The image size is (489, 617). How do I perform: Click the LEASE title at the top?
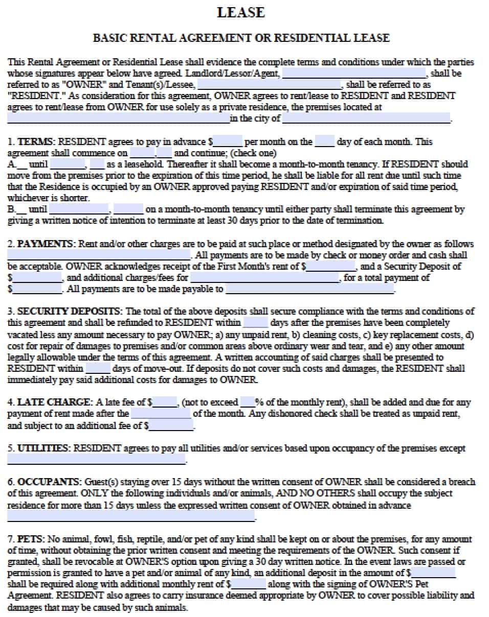[241, 12]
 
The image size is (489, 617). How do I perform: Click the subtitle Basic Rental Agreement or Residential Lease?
[241, 38]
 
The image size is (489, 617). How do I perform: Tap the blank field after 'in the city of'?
[366, 118]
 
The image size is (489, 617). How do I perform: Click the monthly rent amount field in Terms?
[228, 141]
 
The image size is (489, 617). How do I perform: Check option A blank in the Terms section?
[22, 164]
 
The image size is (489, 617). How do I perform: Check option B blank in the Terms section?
[22, 209]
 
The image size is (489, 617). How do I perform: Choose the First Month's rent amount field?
[331, 267]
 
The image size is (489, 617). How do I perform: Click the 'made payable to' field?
[309, 289]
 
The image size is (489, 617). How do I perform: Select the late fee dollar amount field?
[165, 402]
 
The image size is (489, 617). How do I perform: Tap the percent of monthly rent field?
[247, 402]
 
